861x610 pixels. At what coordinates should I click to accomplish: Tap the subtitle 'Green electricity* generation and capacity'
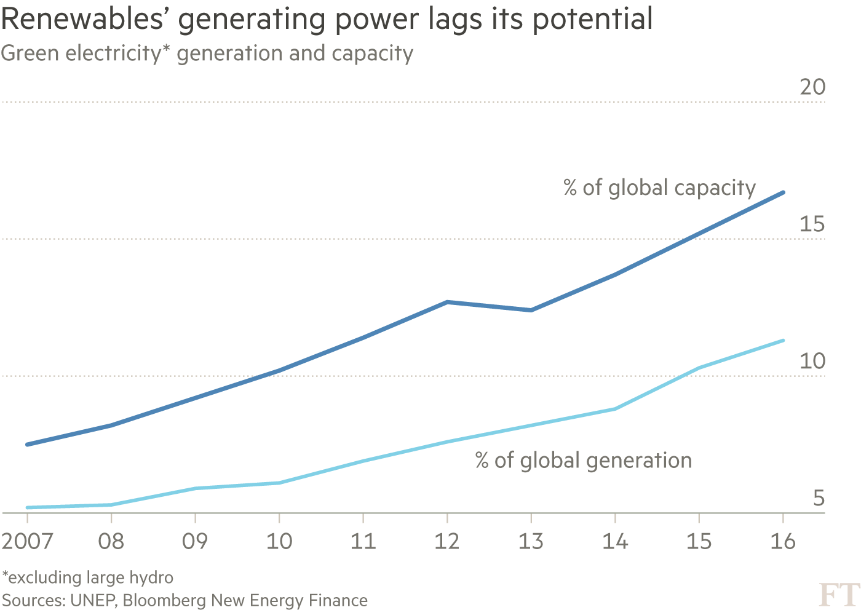[x=207, y=53]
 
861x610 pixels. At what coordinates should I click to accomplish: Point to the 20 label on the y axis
[x=812, y=87]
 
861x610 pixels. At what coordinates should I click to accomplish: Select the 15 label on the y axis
[x=812, y=224]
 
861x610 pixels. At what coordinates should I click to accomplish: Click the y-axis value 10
[x=812, y=361]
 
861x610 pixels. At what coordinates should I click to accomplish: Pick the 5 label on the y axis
[x=818, y=497]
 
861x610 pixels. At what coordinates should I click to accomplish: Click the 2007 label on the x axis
[x=28, y=541]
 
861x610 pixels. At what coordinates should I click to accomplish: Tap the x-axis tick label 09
[x=195, y=541]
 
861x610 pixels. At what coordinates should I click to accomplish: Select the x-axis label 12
[x=447, y=541]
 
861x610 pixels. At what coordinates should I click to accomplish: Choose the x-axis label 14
[x=615, y=541]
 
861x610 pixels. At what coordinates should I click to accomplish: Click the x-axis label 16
[x=783, y=541]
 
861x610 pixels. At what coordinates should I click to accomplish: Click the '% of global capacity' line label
[x=659, y=188]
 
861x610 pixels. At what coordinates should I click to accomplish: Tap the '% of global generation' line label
[x=583, y=461]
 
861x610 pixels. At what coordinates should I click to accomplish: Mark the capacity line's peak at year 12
[x=448, y=302]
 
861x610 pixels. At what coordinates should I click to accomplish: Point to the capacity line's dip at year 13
[x=531, y=310]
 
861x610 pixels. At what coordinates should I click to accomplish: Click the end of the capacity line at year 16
[x=783, y=192]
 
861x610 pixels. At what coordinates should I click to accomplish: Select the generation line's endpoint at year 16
[x=783, y=340]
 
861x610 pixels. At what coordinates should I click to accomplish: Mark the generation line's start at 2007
[x=28, y=507]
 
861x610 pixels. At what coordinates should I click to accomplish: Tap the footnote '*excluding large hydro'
[x=87, y=577]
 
